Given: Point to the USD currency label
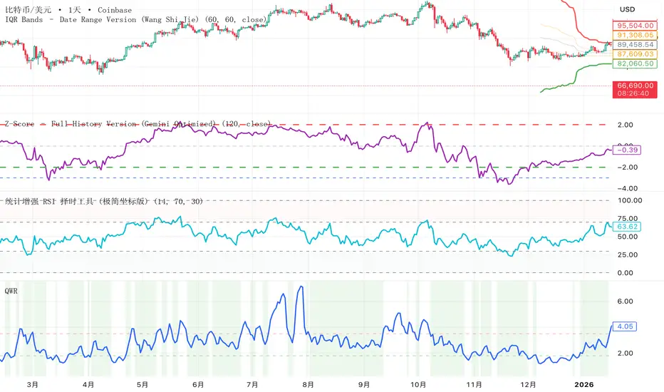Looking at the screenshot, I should click(626, 9).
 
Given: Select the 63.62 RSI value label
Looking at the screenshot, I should click(627, 227).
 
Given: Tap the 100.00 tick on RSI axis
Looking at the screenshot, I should click(631, 200).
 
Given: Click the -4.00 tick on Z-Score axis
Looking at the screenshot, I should click(627, 188).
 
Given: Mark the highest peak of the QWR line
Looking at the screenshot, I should click(301, 287).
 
